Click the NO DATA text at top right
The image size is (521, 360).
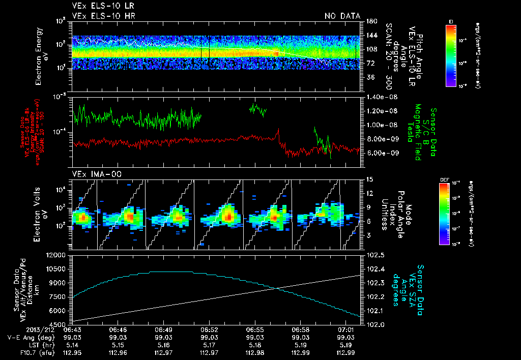point(342,16)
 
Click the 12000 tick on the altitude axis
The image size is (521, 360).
point(57,255)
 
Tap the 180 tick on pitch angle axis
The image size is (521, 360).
point(370,21)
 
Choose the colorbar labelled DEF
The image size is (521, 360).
point(450,214)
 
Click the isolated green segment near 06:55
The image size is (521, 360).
point(258,109)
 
